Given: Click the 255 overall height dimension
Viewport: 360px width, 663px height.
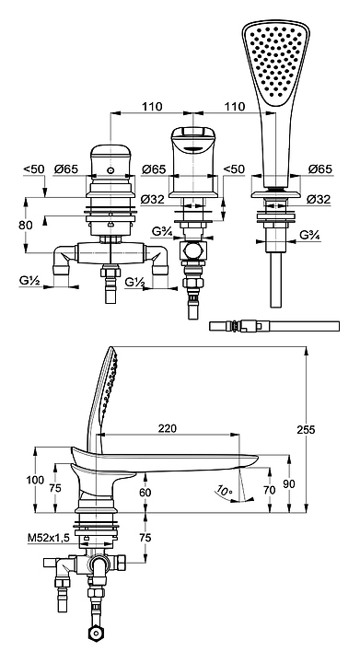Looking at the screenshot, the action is pos(306,430).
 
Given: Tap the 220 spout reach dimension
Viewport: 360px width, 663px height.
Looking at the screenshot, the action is pos(168,428).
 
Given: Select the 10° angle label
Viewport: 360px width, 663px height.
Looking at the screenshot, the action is pos(224,491).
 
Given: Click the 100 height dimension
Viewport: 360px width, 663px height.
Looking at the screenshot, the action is pos(35,480).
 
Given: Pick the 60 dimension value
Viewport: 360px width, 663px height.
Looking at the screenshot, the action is pos(145,493).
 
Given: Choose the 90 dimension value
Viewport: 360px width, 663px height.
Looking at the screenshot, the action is pos(289,484).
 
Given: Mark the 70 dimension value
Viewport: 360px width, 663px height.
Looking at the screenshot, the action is pos(269,490).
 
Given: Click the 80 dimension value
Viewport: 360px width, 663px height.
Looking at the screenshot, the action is pos(26,225).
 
